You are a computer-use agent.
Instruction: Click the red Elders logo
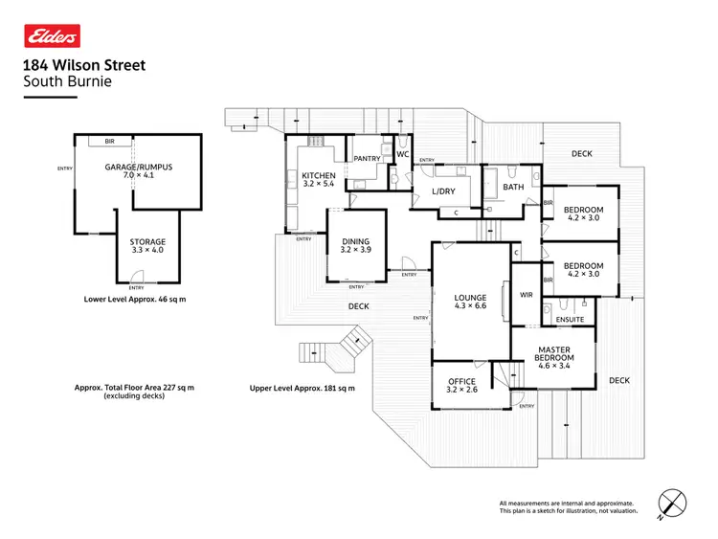(52, 36)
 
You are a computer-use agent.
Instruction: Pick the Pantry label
(368, 159)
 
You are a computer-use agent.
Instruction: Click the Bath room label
(514, 187)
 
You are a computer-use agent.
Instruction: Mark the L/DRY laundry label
(444, 191)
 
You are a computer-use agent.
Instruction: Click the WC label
(403, 154)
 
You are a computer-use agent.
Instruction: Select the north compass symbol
(674, 505)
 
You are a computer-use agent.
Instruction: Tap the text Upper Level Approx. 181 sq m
(302, 388)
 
